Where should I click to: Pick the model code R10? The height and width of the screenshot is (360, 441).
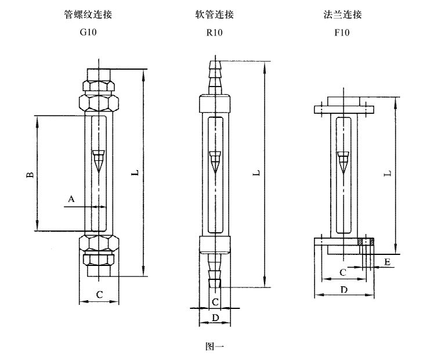(x=214, y=33)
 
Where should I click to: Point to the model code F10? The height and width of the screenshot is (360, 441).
(x=342, y=33)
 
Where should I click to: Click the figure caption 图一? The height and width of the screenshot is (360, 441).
(x=214, y=347)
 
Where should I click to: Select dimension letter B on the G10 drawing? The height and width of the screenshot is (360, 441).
(x=30, y=174)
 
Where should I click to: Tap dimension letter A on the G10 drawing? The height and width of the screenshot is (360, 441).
(x=71, y=199)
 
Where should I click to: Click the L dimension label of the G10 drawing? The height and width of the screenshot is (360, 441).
(x=135, y=173)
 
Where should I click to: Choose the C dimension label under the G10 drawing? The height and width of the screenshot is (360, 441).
(x=99, y=295)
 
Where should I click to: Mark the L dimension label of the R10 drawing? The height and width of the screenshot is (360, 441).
(x=256, y=173)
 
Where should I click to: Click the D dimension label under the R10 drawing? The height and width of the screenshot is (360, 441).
(x=215, y=318)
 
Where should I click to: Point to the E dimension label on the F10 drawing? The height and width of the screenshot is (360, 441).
(x=387, y=262)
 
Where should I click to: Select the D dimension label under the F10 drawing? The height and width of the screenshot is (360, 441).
(x=344, y=289)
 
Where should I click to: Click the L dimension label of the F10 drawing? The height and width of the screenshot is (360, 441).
(x=388, y=173)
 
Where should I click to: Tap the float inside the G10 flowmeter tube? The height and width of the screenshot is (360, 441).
(x=99, y=160)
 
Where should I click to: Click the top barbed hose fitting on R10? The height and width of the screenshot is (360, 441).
(x=215, y=75)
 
